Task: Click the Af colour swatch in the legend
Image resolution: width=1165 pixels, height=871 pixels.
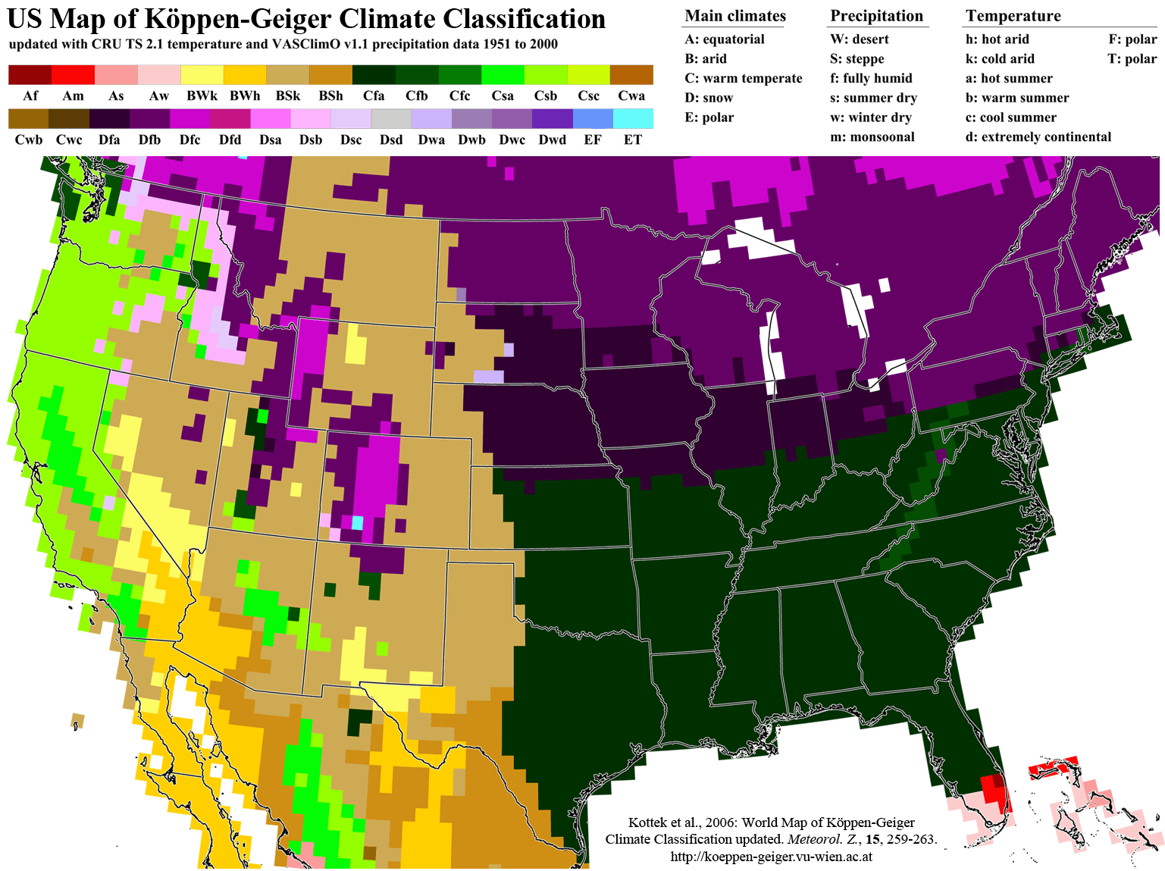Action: point(30,74)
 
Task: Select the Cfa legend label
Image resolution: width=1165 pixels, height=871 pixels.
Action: point(374,96)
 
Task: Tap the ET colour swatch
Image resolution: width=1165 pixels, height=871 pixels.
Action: point(633,118)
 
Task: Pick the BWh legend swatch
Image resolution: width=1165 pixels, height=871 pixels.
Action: point(245,74)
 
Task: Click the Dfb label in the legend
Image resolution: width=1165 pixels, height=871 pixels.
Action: point(149,139)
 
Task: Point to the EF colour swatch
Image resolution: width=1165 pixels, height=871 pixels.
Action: point(593,118)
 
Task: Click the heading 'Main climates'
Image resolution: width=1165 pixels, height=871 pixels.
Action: point(735,16)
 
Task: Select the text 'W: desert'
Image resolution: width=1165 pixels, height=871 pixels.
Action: point(859,39)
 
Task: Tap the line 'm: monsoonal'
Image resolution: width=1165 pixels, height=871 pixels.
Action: point(872,137)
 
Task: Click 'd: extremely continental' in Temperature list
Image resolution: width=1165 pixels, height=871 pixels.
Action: point(1038,137)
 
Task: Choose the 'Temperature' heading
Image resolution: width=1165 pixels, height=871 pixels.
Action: point(1013,16)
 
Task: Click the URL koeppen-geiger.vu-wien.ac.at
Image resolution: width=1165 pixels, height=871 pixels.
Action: point(771,857)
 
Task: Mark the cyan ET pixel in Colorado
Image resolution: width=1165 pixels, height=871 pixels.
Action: point(357,522)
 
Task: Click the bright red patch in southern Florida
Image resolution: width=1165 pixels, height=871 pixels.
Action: point(991,788)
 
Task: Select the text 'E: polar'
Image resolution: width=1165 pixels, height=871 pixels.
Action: point(709,117)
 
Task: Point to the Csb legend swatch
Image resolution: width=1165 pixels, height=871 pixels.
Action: point(546,74)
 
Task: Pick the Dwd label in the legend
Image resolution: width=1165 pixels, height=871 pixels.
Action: point(552,139)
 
